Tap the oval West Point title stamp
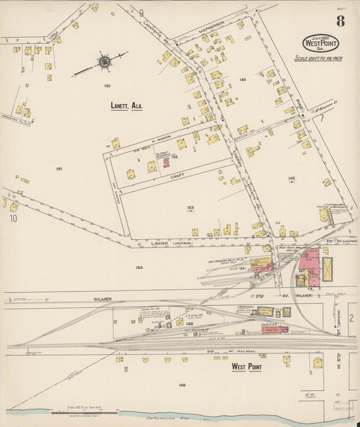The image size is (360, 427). click(x=322, y=43)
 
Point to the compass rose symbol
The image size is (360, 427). click(x=105, y=63)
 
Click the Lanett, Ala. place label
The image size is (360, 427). click(x=126, y=106)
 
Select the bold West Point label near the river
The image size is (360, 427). click(x=247, y=367)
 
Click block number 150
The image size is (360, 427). click(x=107, y=86)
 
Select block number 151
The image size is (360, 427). click(x=59, y=169)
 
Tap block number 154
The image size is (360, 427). click(x=138, y=268)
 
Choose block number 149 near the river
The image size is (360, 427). click(x=182, y=385)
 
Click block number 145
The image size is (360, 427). click(x=242, y=80)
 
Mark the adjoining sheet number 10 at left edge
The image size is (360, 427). click(x=13, y=218)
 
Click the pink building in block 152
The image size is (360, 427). click(x=165, y=163)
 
